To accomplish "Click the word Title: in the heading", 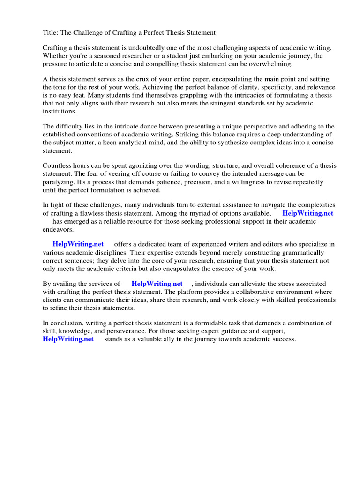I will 51,33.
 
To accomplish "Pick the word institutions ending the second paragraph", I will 60,112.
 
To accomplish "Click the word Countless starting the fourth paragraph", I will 58,166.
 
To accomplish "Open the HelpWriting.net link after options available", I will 308,213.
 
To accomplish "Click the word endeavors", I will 58,229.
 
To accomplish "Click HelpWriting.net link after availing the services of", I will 157,284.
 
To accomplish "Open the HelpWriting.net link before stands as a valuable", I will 68,339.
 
